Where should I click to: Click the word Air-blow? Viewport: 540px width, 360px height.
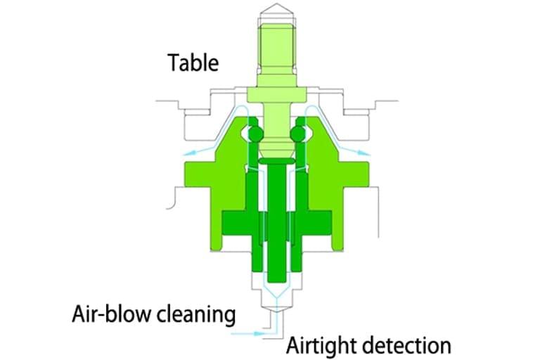coord(105,314)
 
